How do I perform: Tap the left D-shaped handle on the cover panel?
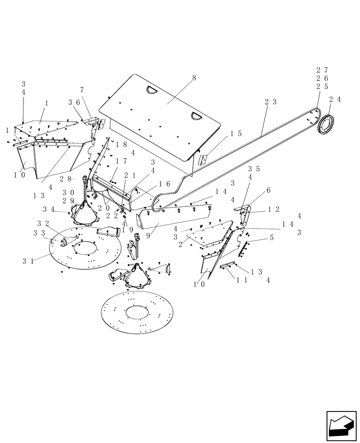[x=152, y=90]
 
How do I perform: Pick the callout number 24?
[x=335, y=100]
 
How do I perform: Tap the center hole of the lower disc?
[x=137, y=312]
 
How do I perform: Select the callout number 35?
[x=254, y=168]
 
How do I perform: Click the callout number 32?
[x=43, y=223]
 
